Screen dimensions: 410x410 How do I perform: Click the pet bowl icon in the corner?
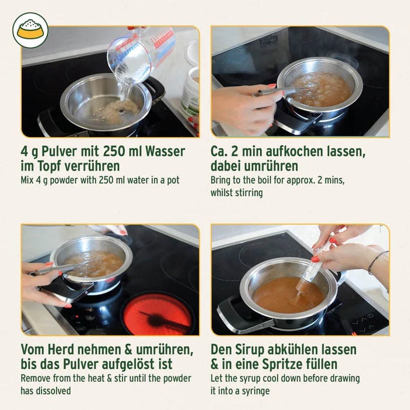coord(30,30)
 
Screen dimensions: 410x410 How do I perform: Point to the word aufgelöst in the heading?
coord(139,364)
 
